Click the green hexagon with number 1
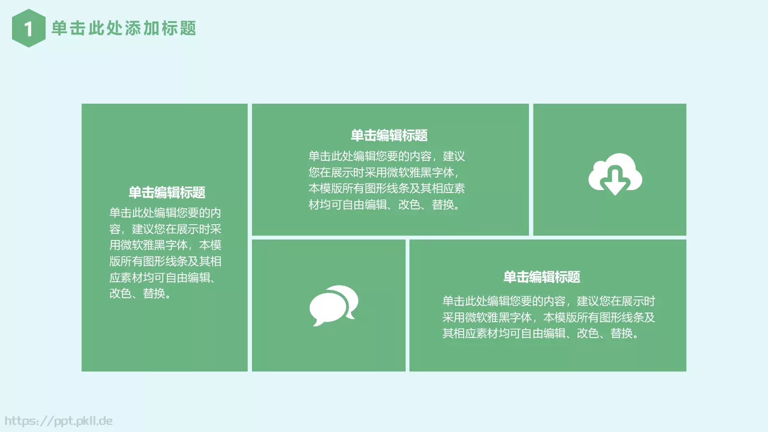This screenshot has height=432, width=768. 28,28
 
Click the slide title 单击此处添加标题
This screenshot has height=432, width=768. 124,28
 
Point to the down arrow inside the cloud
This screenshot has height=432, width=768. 615,181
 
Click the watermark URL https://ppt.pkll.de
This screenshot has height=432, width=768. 59,421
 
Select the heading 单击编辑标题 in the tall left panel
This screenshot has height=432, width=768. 167,192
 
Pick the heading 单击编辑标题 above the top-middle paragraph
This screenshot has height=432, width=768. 389,135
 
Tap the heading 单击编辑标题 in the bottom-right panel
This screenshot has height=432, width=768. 541,277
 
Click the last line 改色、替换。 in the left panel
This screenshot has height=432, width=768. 140,293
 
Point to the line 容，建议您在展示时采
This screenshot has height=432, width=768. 165,229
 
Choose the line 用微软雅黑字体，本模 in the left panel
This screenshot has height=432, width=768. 165,245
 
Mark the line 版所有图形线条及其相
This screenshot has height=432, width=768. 165,261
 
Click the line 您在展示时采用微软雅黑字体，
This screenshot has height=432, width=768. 384,172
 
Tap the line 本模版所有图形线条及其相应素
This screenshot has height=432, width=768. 386,188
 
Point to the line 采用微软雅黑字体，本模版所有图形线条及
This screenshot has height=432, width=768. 548,317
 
